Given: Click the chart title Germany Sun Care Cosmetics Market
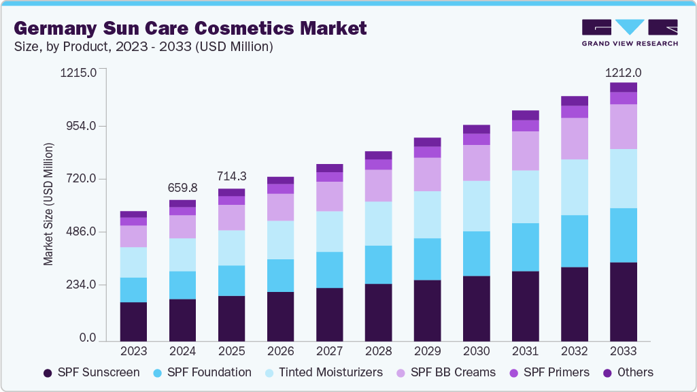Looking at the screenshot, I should (190, 29).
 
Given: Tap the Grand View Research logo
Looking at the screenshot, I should (630, 33).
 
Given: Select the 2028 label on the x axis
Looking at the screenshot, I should (379, 351).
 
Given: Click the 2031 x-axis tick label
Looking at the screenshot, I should (526, 351).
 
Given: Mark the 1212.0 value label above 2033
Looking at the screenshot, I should (624, 73).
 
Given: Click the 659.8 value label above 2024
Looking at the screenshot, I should (183, 188).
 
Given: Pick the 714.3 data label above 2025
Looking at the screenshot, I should (232, 176).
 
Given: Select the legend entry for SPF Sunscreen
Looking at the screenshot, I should (91, 372).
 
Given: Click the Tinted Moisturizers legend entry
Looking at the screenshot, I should (323, 372).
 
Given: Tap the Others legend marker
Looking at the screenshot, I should (607, 373).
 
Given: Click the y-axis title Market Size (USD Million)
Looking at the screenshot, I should (48, 204).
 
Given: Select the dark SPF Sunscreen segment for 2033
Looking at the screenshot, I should (624, 301).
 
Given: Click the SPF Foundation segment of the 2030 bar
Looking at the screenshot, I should (477, 253).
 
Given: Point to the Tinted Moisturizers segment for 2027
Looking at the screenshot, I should (330, 231).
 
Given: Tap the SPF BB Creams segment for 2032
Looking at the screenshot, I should (575, 139).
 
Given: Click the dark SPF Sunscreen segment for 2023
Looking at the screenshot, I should (134, 321).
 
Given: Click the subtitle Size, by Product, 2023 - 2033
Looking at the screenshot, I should (143, 47).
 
